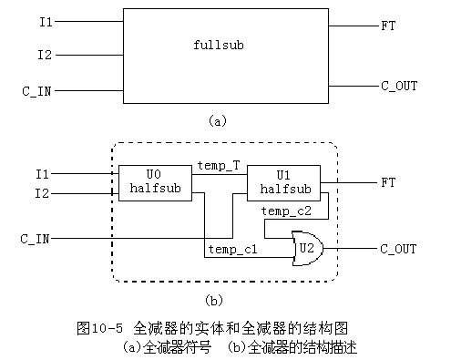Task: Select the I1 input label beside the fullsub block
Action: tap(45, 20)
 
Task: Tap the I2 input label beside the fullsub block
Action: tap(45, 56)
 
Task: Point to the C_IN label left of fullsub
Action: tap(37, 91)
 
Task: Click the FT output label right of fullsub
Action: tap(387, 26)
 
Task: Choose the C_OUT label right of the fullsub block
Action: tap(398, 86)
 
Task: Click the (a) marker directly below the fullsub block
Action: tap(216, 119)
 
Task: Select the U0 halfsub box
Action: tap(146, 181)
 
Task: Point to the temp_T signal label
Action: tap(219, 165)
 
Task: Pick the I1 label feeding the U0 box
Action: tap(43, 173)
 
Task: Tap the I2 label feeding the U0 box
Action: tap(43, 192)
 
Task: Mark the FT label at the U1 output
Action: tap(387, 182)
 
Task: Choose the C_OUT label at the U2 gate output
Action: tap(398, 248)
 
